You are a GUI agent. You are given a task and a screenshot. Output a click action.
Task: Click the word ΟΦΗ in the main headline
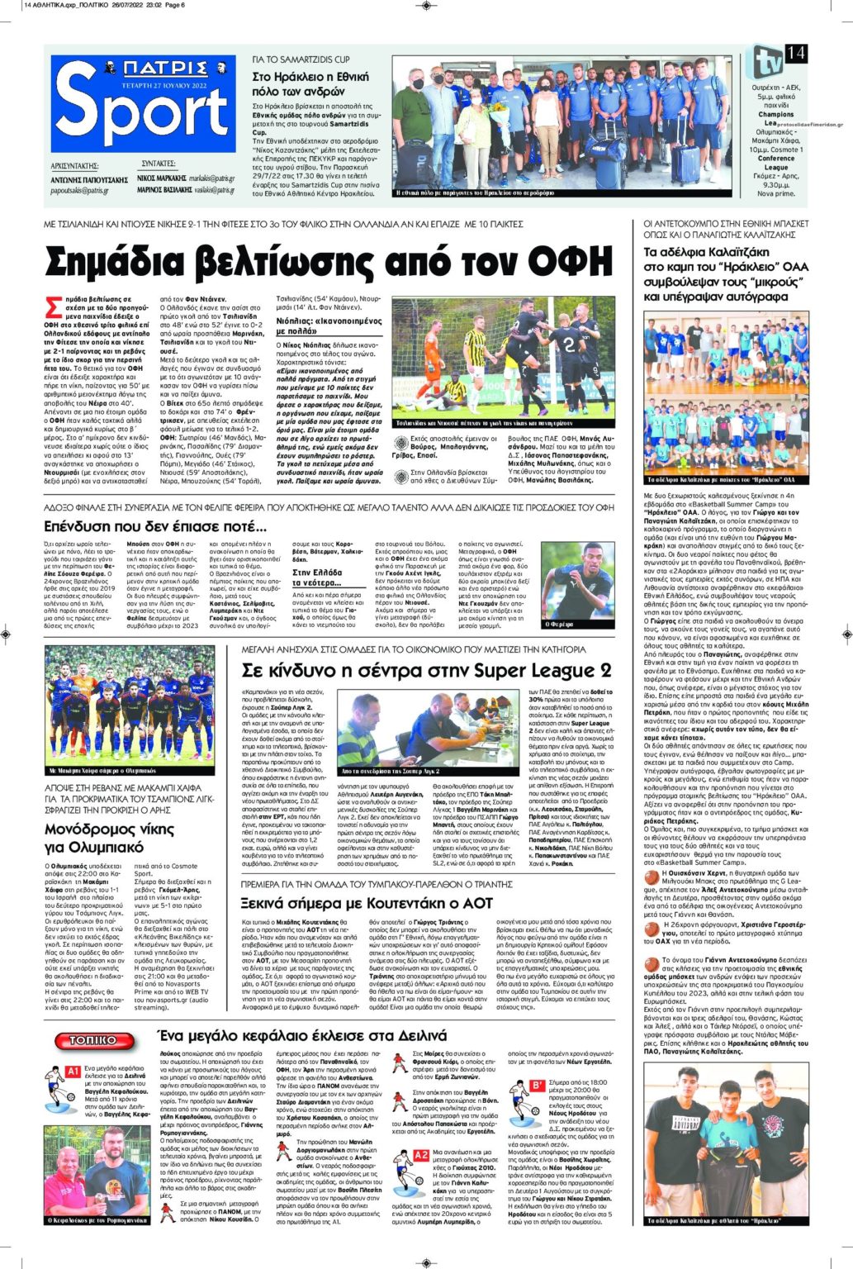570,262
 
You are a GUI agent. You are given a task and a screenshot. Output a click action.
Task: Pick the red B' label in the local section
538,1085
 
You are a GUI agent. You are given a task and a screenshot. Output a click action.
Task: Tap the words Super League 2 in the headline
551,669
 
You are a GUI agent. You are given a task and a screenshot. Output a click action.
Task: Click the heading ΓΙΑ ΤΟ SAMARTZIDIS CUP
301,60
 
